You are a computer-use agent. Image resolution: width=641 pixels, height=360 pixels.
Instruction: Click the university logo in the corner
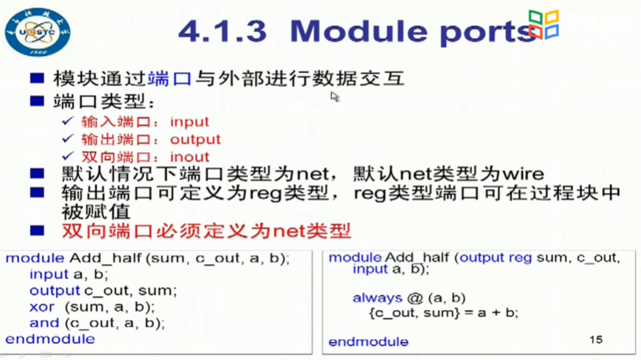(x=37, y=31)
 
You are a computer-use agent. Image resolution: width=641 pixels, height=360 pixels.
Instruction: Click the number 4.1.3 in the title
(x=222, y=31)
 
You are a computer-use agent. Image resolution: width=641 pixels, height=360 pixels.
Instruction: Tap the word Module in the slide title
(x=350, y=31)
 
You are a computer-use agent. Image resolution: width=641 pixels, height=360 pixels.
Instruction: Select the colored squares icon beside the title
(x=544, y=24)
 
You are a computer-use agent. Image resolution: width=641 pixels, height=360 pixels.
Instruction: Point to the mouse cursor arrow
(x=334, y=97)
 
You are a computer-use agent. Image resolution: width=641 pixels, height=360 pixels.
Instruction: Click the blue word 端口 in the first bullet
(x=169, y=79)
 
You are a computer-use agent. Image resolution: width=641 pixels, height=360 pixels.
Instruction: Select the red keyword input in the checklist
(x=190, y=122)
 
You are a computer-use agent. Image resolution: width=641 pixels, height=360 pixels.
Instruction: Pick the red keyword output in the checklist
(x=195, y=140)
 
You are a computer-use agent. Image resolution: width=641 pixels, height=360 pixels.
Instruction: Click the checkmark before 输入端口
(x=67, y=122)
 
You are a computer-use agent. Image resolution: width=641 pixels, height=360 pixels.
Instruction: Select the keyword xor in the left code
(x=42, y=307)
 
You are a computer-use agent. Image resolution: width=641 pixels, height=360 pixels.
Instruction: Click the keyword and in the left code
(x=44, y=323)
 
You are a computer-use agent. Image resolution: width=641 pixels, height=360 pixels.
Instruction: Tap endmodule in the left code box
(x=50, y=339)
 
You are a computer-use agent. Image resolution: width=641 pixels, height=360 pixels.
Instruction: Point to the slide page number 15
(x=596, y=339)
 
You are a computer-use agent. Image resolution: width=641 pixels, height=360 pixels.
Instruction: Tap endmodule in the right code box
(x=368, y=342)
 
